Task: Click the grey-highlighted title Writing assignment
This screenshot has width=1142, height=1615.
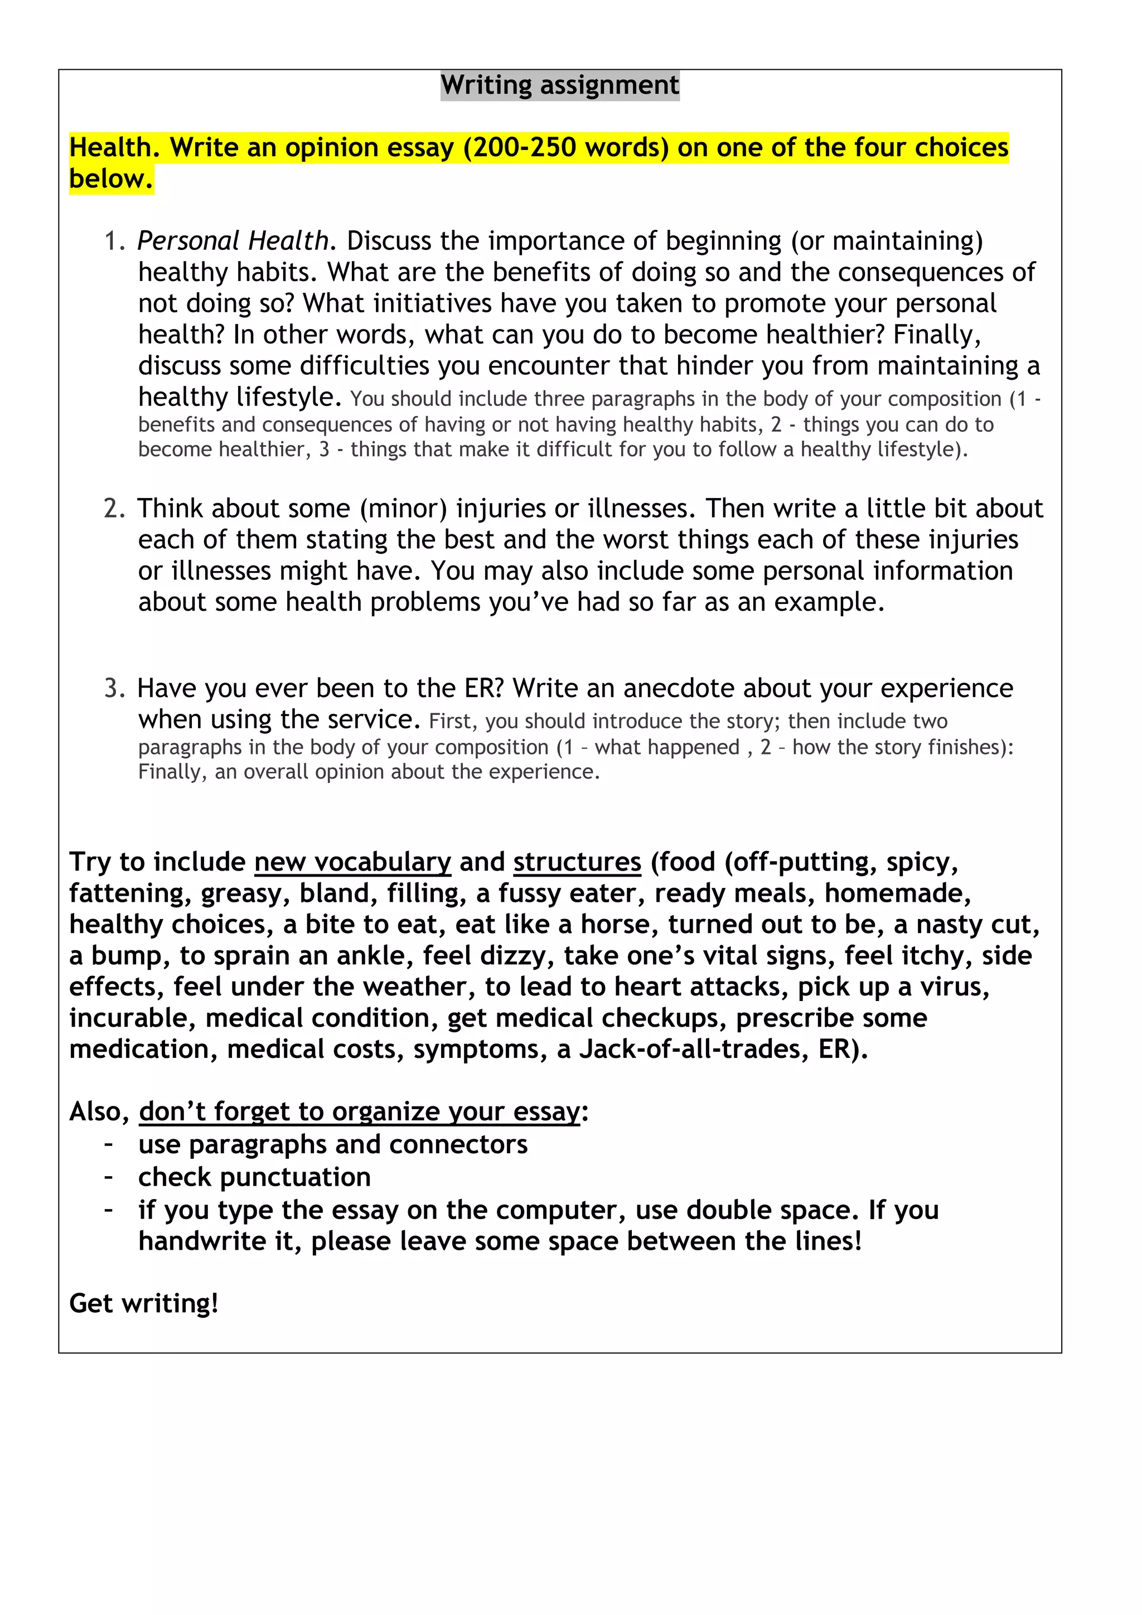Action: pos(560,85)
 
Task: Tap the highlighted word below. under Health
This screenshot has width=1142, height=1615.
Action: pos(111,180)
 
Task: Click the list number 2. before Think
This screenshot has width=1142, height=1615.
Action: pos(115,509)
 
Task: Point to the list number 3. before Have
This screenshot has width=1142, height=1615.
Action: pos(115,688)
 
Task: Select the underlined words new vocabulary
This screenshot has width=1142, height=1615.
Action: pos(352,862)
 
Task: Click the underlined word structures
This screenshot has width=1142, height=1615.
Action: pos(577,862)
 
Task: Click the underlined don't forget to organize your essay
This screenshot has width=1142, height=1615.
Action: pos(359,1111)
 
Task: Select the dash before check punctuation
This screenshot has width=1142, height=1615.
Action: pos(108,1176)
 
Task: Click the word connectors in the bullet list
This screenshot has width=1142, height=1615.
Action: pos(458,1144)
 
